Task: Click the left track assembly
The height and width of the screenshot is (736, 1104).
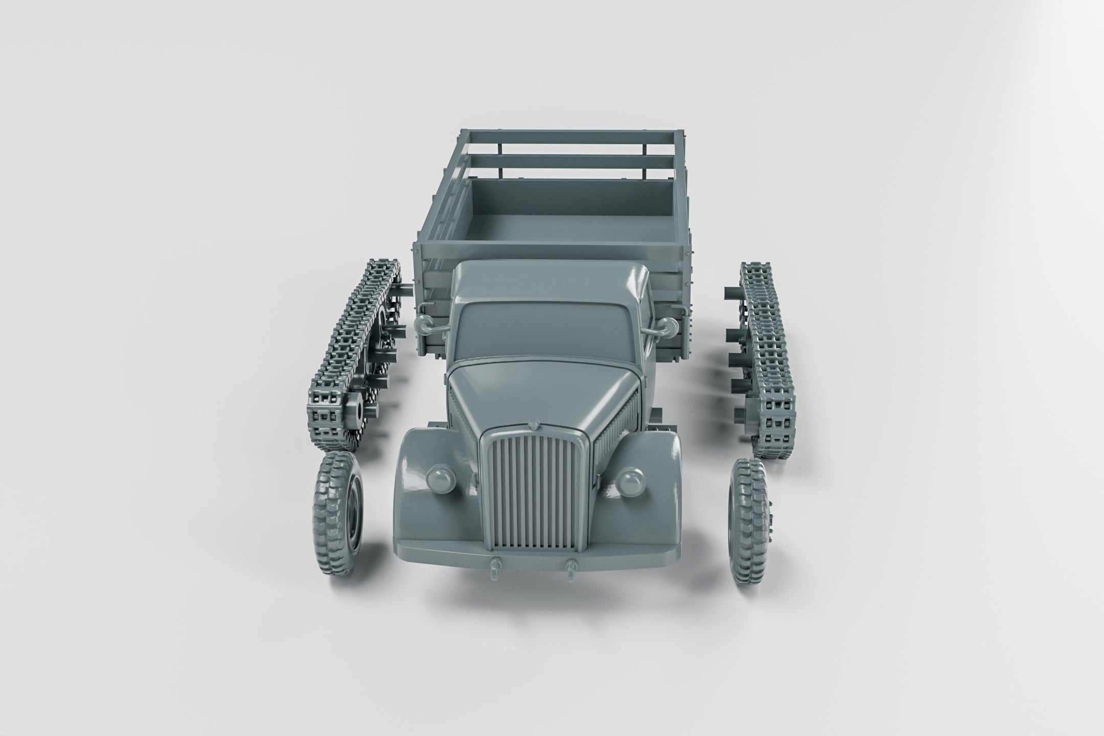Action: pos(353,353)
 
